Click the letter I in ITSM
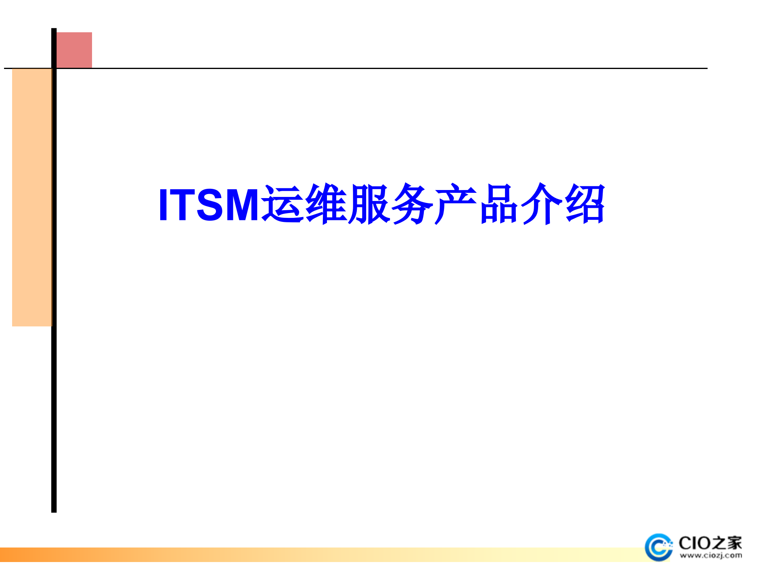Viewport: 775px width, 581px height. tap(163, 205)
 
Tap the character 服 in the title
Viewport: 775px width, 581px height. tap(369, 204)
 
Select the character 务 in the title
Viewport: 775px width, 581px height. tap(413, 204)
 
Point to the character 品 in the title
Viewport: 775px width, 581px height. tap(499, 204)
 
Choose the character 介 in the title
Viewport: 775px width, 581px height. tap(542, 204)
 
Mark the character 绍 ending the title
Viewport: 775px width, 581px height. tap(585, 204)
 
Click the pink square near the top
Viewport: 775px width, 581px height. tap(74, 50)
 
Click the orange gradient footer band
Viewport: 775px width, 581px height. tap(283, 554)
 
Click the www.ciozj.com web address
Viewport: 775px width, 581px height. tap(710, 556)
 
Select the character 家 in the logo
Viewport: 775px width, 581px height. tap(733, 543)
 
